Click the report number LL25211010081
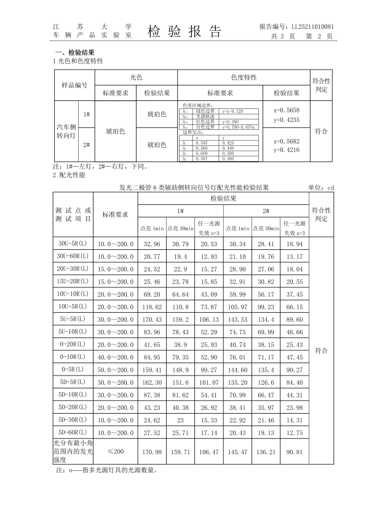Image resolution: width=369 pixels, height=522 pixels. point(296,27)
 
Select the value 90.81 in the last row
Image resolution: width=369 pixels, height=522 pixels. point(295,452)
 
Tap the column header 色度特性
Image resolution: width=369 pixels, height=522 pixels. point(244,78)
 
